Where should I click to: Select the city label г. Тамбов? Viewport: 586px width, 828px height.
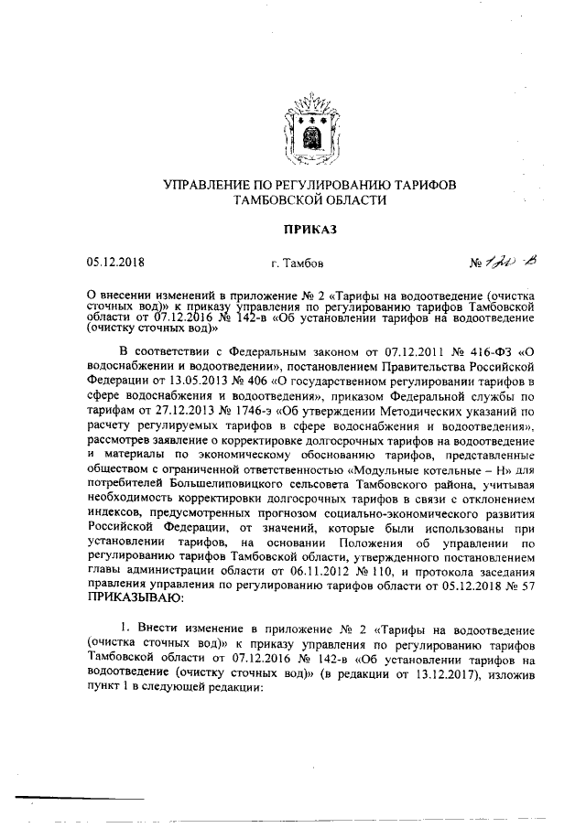[297, 264]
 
